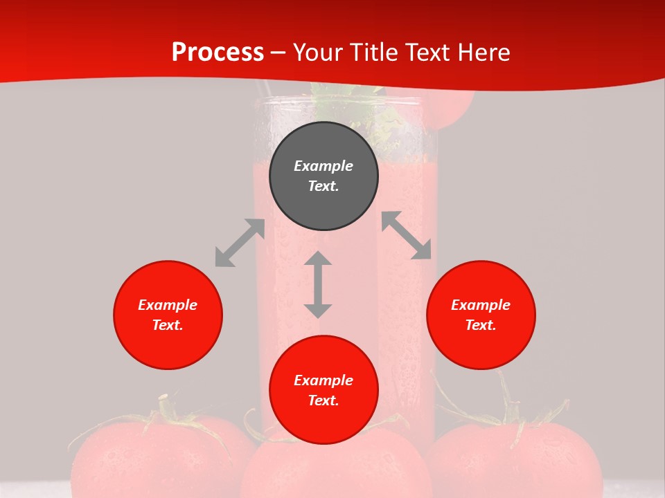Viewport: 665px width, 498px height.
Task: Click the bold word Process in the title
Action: (x=218, y=53)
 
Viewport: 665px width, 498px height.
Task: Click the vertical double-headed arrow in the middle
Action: (x=318, y=285)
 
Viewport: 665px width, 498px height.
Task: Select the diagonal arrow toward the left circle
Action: (x=240, y=243)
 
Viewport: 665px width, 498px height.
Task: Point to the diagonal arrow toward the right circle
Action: (x=407, y=235)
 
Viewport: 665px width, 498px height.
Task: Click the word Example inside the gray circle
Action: (x=323, y=166)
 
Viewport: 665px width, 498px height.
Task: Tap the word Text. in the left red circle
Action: (x=168, y=325)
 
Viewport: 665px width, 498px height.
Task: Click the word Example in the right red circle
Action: (x=481, y=305)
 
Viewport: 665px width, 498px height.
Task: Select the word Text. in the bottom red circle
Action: (x=323, y=400)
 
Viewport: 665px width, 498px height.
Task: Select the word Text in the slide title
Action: (x=425, y=53)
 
